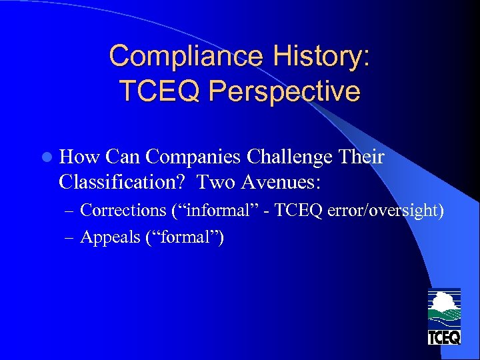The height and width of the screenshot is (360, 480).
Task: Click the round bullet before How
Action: point(46,157)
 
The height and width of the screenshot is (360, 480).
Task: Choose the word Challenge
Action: point(290,158)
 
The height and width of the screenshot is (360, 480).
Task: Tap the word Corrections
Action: point(123,210)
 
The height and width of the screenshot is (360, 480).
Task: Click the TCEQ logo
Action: point(444,317)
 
